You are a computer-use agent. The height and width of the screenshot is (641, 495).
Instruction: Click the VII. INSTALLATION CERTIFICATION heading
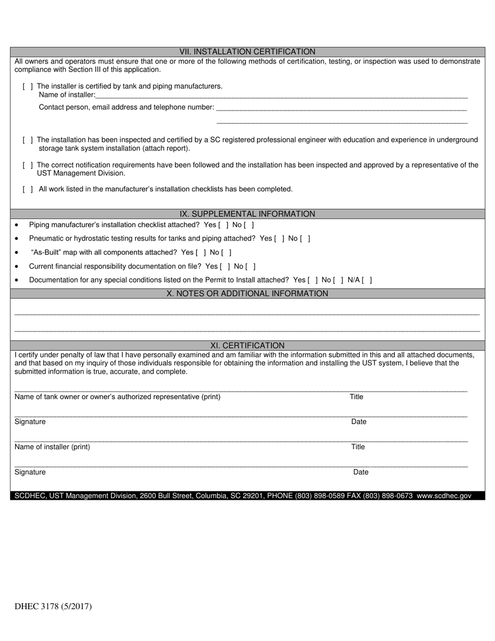[247, 52]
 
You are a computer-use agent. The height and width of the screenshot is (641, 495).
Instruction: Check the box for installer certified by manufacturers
[28, 87]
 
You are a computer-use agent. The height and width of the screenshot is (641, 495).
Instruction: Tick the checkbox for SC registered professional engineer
[28, 140]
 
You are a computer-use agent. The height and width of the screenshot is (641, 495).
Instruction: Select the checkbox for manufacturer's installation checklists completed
[28, 189]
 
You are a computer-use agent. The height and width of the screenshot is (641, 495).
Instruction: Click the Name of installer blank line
[281, 95]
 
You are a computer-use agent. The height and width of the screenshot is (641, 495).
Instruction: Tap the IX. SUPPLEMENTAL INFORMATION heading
[247, 214]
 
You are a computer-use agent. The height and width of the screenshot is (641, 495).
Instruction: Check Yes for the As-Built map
[201, 253]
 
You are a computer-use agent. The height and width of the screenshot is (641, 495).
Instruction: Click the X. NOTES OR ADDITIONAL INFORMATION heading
[247, 293]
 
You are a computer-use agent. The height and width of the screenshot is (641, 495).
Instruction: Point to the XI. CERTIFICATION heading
[247, 346]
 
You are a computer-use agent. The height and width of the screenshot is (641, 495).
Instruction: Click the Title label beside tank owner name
[356, 397]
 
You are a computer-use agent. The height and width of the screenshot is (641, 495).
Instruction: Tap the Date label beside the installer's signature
[361, 472]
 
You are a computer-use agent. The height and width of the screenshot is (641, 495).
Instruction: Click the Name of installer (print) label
[52, 447]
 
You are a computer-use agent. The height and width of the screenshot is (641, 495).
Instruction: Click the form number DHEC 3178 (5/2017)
[53, 607]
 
